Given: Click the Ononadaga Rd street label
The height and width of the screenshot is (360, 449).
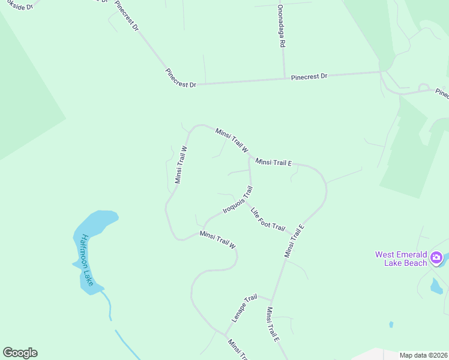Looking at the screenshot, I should click(280, 27).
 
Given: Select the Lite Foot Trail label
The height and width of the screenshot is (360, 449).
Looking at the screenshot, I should click(268, 219).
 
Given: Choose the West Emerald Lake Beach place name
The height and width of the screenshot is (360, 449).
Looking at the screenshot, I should click(401, 259).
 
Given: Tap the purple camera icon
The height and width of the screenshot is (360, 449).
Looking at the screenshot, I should click(436, 259).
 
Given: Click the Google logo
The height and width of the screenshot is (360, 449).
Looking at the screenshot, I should click(20, 353).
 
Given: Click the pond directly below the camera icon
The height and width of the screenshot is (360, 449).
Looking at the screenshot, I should click(436, 286).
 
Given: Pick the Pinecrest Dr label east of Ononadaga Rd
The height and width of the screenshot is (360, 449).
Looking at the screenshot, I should click(309, 77).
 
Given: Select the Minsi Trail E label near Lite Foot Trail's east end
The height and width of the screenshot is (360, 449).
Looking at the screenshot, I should click(295, 241).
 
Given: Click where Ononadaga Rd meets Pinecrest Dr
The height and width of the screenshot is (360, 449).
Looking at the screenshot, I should click(284, 78).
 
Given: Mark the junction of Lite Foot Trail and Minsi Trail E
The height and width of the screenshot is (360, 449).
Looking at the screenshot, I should click(292, 233).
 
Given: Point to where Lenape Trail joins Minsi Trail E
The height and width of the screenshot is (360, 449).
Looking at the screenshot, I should click(271, 301).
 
